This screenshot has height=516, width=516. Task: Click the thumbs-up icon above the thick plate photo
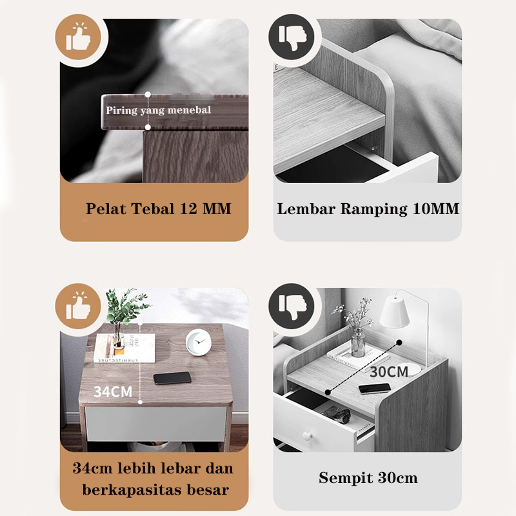pyautogui.click(x=78, y=37)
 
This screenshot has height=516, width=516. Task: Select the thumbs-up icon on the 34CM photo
pyautogui.click(x=78, y=306)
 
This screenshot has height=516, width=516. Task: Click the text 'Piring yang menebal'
pyautogui.click(x=158, y=110)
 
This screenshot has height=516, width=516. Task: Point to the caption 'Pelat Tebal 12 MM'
pyautogui.click(x=158, y=208)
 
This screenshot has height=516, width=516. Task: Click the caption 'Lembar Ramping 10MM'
pyautogui.click(x=368, y=209)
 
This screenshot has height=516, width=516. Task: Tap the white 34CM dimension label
pyautogui.click(x=113, y=392)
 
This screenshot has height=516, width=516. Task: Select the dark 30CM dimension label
pyautogui.click(x=389, y=372)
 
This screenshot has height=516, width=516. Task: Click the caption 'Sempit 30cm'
pyautogui.click(x=368, y=478)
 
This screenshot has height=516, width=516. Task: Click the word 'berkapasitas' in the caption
pyautogui.click(x=132, y=490)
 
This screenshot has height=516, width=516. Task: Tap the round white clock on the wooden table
pyautogui.click(x=198, y=342)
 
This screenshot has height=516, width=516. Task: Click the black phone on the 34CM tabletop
pyautogui.click(x=172, y=378)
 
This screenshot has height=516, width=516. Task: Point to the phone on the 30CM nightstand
pyautogui.click(x=375, y=389)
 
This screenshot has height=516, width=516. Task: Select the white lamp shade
pyautogui.click(x=394, y=312)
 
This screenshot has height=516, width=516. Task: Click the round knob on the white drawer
pyautogui.click(x=307, y=436)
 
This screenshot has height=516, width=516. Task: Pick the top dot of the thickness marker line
pyautogui.click(x=148, y=94)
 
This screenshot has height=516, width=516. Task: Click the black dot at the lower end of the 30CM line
pyautogui.click(x=328, y=392)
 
